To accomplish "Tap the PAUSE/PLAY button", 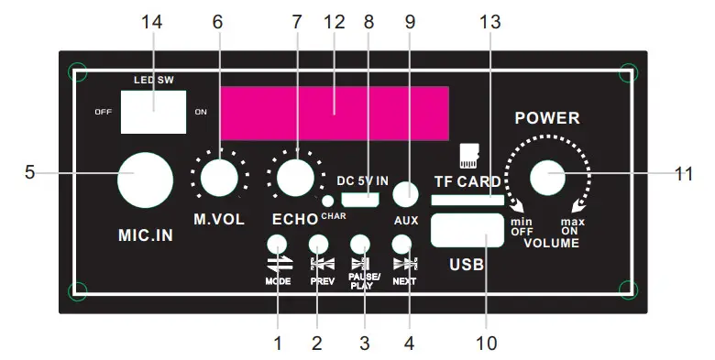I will click(360, 245).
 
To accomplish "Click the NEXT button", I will click(401, 245).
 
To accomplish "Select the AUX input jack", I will click(405, 194).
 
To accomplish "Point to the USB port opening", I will click(466, 229).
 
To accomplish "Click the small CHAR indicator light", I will click(327, 201).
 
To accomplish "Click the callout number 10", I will click(487, 344).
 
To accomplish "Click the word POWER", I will click(547, 118).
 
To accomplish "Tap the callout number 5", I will click(29, 172).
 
